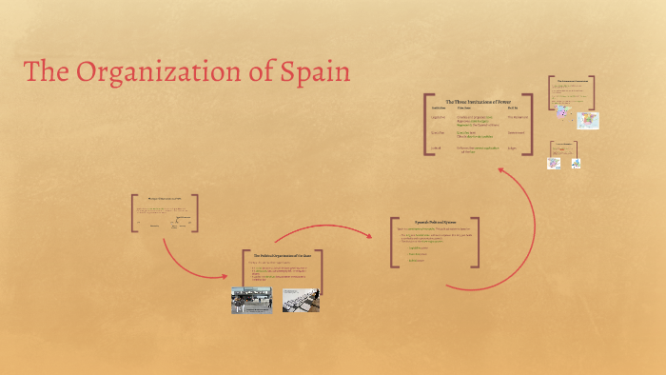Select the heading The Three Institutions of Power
click(x=478, y=101)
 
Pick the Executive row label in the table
click(x=439, y=132)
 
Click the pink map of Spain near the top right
click(x=563, y=111)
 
